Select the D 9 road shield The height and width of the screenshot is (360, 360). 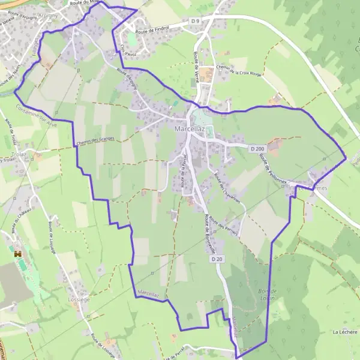coord(194,22)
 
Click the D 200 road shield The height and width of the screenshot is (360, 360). coord(257,148)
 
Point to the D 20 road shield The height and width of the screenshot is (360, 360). coord(217,259)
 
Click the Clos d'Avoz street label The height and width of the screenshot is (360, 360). coord(125,53)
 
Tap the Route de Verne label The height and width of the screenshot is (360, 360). coord(196,63)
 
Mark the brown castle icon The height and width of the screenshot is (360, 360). coord(17,254)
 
